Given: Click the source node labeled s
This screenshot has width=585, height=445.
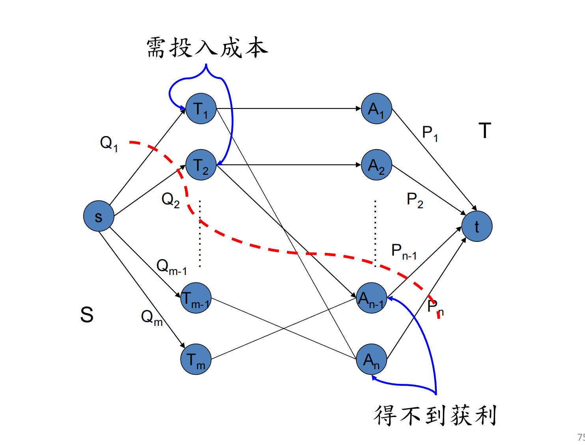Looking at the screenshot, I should (x=99, y=216).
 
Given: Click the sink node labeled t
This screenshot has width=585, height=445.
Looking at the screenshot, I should (x=477, y=226).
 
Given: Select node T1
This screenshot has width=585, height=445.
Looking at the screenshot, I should (x=201, y=108).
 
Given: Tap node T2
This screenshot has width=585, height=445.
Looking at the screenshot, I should (x=201, y=165).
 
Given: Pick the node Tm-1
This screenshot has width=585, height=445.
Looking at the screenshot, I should (x=196, y=298).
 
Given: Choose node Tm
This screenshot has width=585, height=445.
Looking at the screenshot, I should (x=196, y=359).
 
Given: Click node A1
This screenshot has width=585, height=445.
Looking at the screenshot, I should (x=376, y=108).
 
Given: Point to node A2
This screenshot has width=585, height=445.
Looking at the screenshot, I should (x=376, y=165).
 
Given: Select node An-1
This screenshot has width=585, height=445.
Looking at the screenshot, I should (x=371, y=298).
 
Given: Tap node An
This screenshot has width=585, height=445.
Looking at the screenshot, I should (x=371, y=359).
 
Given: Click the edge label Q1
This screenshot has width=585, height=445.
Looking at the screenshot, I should (x=109, y=143).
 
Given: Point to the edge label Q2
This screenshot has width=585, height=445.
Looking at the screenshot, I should (x=170, y=200).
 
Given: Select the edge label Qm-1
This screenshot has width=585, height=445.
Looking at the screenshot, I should (x=171, y=267).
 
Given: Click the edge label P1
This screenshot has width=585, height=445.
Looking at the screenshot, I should (x=430, y=133).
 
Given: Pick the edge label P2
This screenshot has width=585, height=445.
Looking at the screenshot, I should (x=415, y=200).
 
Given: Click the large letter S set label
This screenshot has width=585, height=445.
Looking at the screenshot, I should (x=87, y=315).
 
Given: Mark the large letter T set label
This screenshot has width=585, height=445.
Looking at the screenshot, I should (x=485, y=131).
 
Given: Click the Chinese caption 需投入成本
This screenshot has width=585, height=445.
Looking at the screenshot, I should (x=207, y=48).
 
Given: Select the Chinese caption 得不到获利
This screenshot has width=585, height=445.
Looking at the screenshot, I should (x=435, y=415).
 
